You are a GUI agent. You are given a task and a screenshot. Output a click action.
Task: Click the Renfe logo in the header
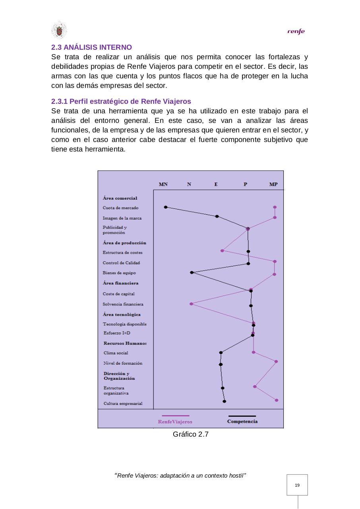pyautogui.click(x=296, y=32)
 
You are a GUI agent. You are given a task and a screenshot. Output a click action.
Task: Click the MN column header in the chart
pyautogui.click(x=163, y=184)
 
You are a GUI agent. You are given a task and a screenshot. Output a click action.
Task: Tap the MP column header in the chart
pyautogui.click(x=273, y=184)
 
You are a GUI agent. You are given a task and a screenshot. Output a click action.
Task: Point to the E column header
pyautogui.click(x=216, y=184)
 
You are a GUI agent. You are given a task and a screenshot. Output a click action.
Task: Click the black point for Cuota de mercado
pyautogui.click(x=166, y=207)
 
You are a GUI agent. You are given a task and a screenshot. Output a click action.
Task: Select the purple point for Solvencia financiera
pyautogui.click(x=191, y=304)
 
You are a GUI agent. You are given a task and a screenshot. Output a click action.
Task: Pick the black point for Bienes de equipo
pyautogui.click(x=192, y=273)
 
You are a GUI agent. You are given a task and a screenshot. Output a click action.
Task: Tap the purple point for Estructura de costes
pyautogui.click(x=222, y=251)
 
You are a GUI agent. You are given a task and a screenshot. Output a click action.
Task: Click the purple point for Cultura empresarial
pyautogui.click(x=277, y=400)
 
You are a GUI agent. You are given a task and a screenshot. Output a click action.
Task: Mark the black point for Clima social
pyautogui.click(x=221, y=352)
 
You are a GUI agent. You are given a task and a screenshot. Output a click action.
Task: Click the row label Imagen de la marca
pyautogui.click(x=122, y=218)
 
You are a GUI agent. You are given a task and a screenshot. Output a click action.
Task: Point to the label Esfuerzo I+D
pyautogui.click(x=117, y=333)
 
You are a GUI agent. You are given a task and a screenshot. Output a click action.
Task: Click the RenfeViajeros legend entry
pyautogui.click(x=175, y=422)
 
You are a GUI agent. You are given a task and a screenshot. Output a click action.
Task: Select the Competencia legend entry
pyautogui.click(x=242, y=421)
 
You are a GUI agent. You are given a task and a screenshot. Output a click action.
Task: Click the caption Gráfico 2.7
pyautogui.click(x=191, y=435)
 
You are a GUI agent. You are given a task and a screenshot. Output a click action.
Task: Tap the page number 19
pyautogui.click(x=297, y=485)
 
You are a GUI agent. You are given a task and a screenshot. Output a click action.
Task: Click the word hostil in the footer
pyautogui.click(x=235, y=476)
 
